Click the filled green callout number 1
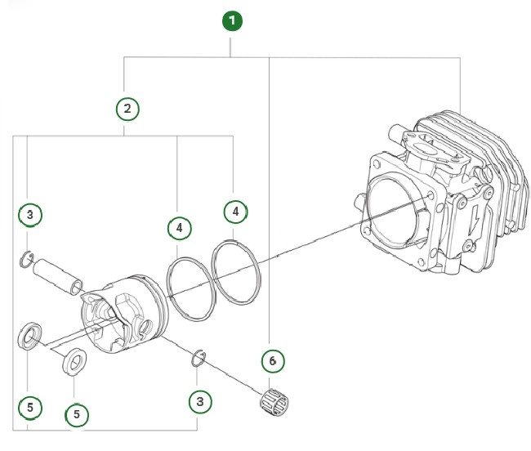click(234, 20)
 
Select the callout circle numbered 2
click(126, 108)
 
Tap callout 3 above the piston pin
click(30, 215)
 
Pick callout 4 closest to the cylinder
click(235, 212)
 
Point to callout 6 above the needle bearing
click(273, 359)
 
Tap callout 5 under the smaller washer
click(76, 414)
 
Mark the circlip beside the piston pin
click(25, 261)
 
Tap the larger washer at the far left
click(30, 336)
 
